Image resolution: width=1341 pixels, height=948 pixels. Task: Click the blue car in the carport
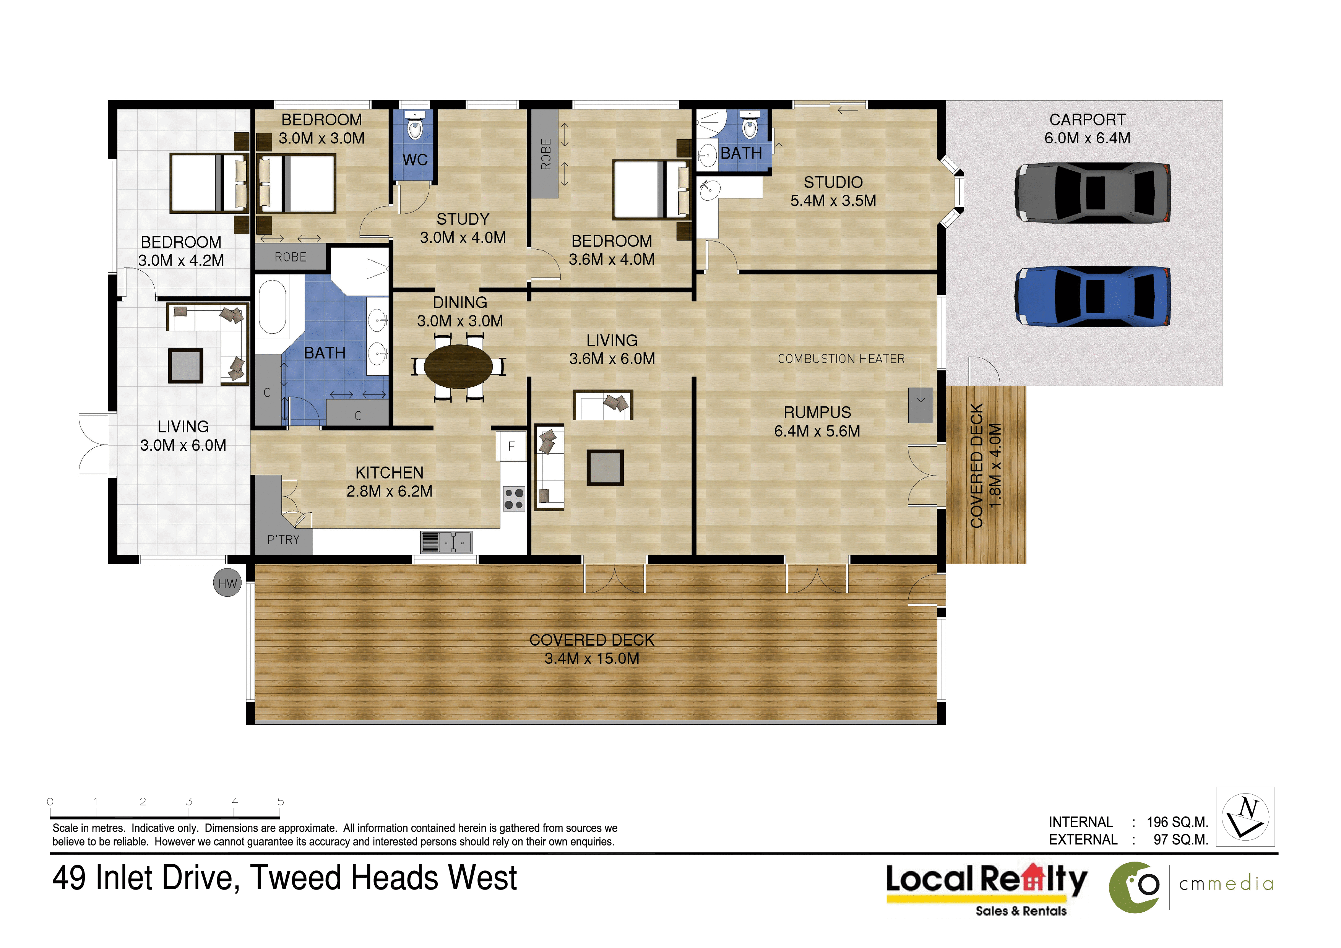point(1092,296)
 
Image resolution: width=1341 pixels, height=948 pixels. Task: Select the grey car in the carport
point(1092,192)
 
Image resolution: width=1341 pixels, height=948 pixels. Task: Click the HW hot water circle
point(227,583)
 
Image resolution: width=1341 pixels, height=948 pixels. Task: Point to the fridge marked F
point(511,446)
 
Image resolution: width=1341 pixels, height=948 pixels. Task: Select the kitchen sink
point(446,542)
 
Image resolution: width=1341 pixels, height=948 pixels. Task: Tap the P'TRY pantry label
point(283,540)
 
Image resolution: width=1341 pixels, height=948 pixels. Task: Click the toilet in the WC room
point(415,127)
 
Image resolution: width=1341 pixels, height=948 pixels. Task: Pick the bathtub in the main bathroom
point(272,308)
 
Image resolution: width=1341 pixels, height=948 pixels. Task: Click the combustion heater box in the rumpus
point(921,405)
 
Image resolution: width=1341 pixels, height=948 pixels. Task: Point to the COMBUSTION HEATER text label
point(841,359)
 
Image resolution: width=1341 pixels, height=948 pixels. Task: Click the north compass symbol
point(1245,817)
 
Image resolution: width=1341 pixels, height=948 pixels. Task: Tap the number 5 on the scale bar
point(280,801)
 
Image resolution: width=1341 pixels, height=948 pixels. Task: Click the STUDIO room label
point(833,182)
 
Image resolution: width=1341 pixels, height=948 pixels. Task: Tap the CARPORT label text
point(1087,120)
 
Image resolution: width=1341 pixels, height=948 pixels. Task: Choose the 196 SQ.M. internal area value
point(1177,822)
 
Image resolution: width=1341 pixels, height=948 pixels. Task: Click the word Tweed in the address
point(297,878)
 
